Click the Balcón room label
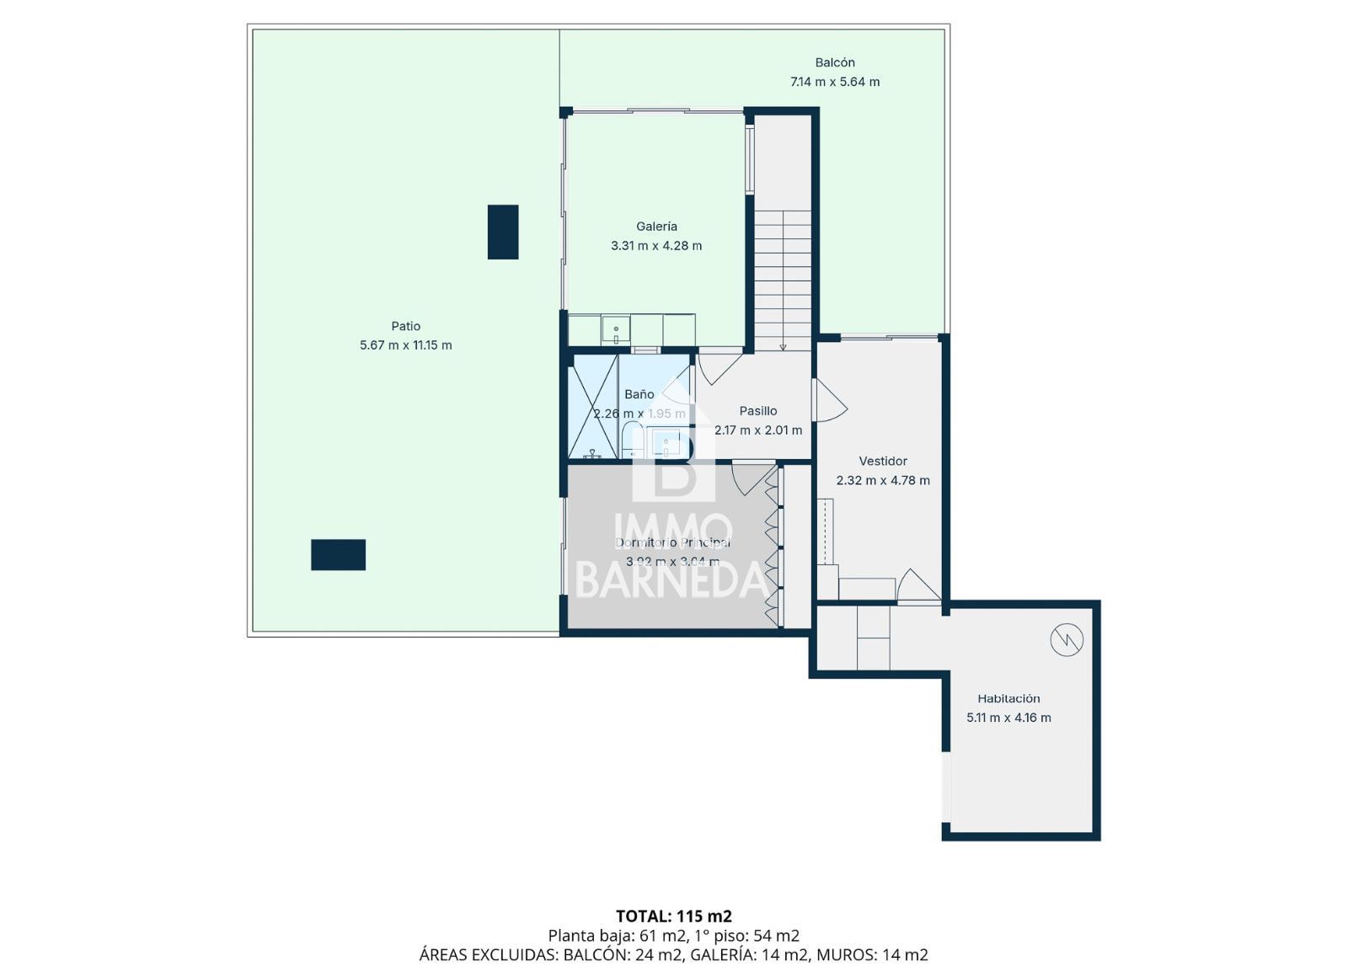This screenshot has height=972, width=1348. point(834,62)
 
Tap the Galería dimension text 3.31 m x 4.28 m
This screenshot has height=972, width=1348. point(655,246)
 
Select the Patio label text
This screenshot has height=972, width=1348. point(405,326)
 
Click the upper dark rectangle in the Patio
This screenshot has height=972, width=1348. point(503,232)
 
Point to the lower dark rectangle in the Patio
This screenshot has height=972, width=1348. point(338,554)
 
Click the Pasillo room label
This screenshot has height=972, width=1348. point(757,411)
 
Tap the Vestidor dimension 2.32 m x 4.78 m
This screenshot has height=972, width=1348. point(882,481)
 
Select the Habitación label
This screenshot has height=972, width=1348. point(1008,698)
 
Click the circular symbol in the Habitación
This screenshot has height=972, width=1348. point(1066,641)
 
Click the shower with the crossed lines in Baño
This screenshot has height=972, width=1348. point(594,407)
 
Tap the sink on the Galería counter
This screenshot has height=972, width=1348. point(616,330)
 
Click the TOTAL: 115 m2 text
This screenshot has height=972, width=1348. point(673,916)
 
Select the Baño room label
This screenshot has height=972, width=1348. point(639,394)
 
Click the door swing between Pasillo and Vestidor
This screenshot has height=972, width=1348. point(829,401)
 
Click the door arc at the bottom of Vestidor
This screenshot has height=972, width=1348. point(918,585)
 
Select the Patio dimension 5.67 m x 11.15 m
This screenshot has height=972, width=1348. point(405,345)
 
